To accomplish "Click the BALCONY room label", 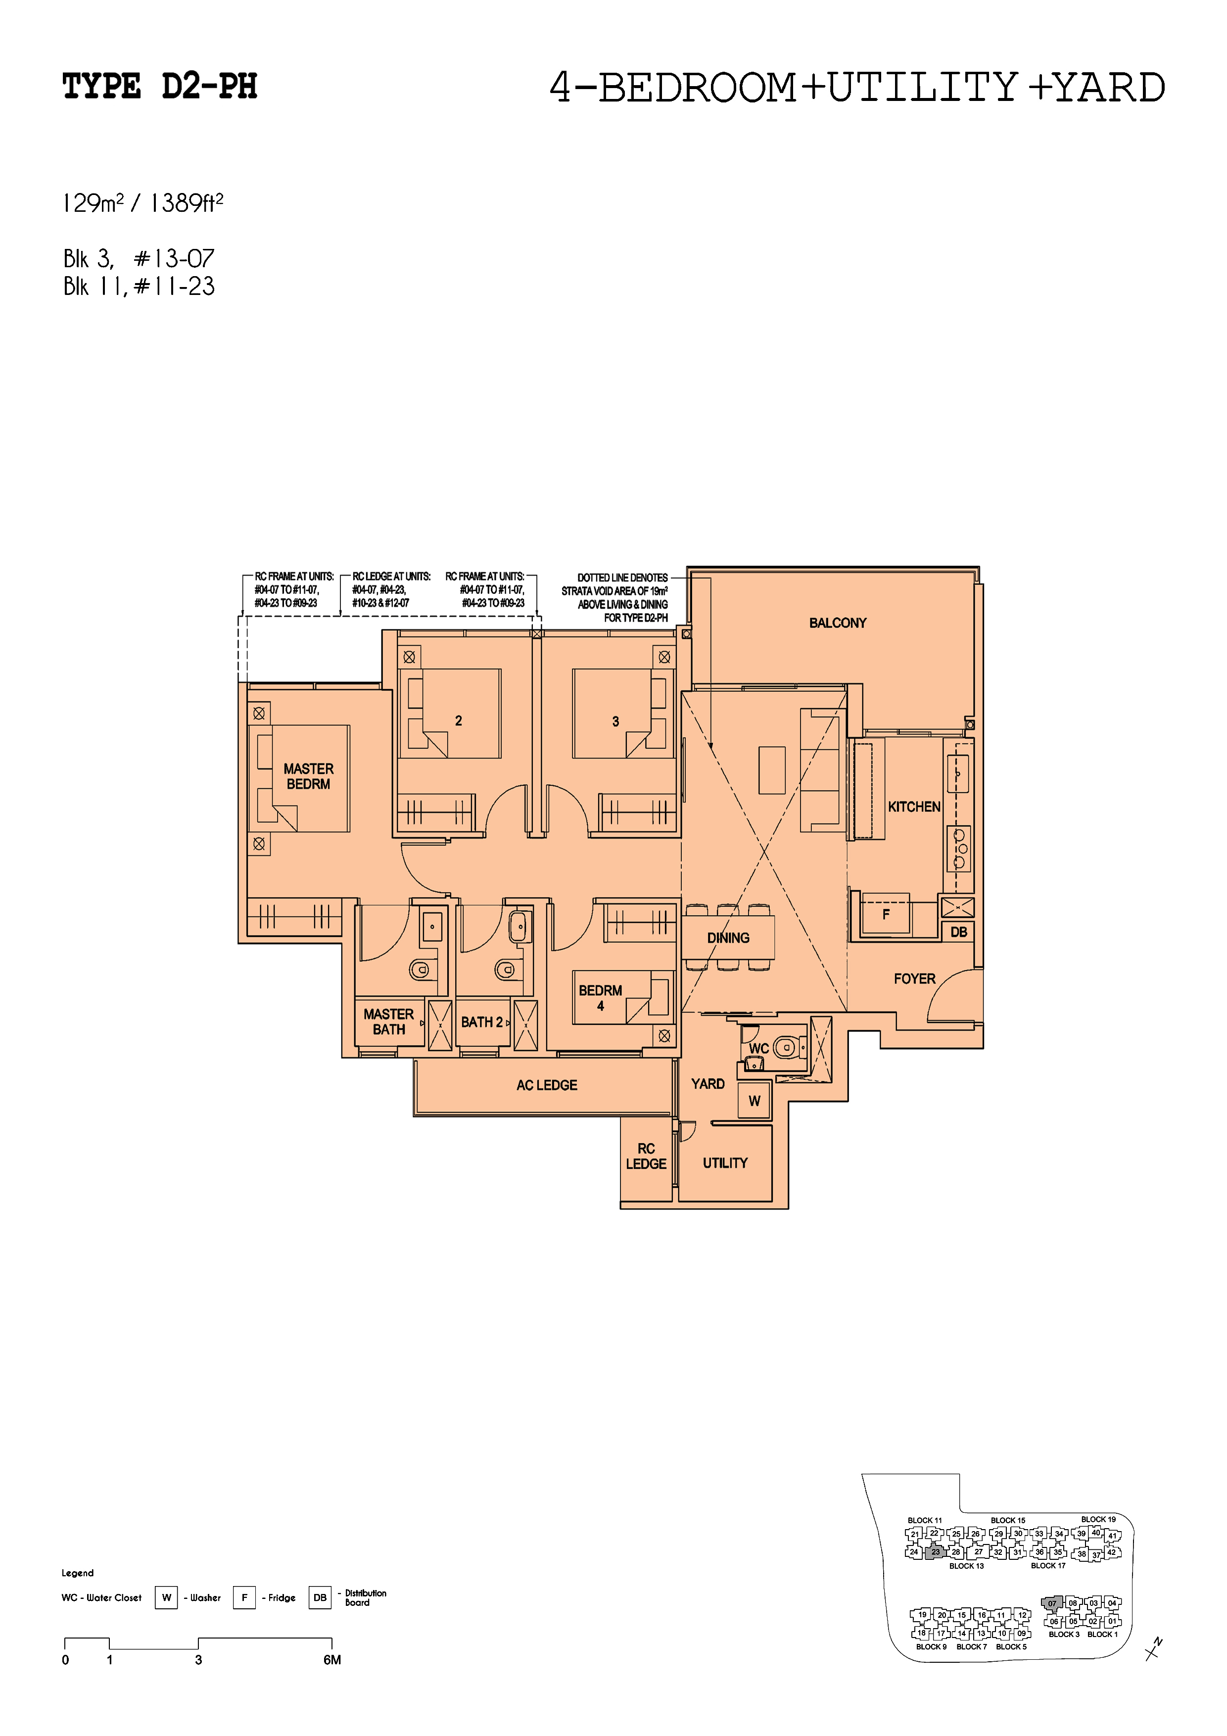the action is (x=837, y=623).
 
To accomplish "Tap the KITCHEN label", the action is (x=914, y=807).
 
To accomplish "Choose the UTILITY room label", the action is (x=725, y=1163).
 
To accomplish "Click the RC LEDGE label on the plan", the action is (x=646, y=1156).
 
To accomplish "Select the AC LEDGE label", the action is (x=547, y=1085).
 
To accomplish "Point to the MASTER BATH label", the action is (x=388, y=1021).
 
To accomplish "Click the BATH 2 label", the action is (x=481, y=1022).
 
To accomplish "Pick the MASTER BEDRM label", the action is (x=308, y=776).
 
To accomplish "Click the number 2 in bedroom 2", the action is (x=458, y=721).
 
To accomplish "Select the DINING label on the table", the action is (x=728, y=938).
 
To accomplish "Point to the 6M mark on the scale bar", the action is (x=332, y=1660).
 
